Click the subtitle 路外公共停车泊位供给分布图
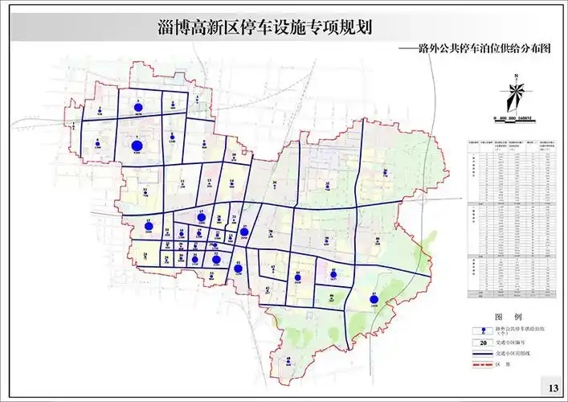click(x=482, y=48)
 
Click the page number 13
click(x=553, y=388)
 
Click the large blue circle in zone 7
click(x=137, y=146)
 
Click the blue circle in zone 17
click(x=202, y=217)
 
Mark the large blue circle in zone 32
click(x=215, y=259)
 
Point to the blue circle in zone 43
click(x=238, y=269)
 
